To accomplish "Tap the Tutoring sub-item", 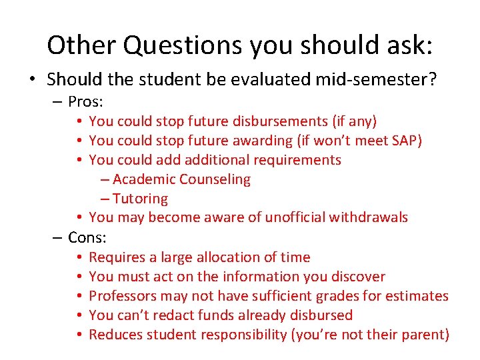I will [140, 199].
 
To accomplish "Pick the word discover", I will [359, 276].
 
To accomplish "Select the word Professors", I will [121, 295].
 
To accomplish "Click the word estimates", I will [420, 295].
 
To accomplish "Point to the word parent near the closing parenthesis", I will [425, 334].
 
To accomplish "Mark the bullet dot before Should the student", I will [32, 80].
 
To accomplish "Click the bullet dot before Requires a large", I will [79, 257].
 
